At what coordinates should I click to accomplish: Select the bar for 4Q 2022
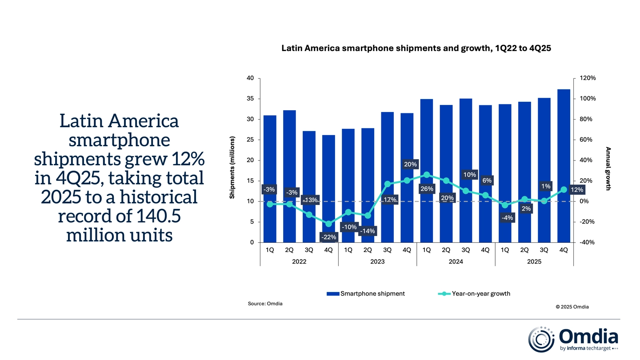click(328, 188)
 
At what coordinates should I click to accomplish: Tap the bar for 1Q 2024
click(426, 171)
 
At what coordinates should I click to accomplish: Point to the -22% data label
click(328, 237)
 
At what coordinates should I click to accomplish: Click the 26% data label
click(426, 189)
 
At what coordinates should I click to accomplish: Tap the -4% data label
click(507, 218)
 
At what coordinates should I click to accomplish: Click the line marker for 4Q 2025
click(564, 190)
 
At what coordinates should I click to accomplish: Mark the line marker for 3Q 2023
click(387, 184)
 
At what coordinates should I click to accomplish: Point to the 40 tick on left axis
click(250, 78)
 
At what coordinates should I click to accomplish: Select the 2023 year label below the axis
click(377, 262)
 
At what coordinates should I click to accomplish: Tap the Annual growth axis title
click(608, 168)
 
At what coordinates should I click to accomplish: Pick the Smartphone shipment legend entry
click(365, 293)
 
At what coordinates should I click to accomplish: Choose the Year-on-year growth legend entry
click(474, 293)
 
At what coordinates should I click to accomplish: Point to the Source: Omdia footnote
click(265, 304)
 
